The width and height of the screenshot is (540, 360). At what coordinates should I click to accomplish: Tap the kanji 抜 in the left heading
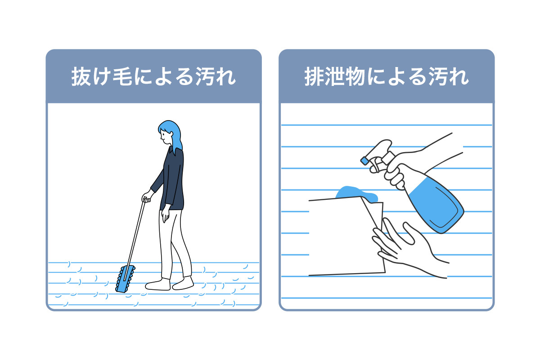point(81,76)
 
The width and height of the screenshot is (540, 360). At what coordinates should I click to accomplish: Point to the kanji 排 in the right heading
point(314,76)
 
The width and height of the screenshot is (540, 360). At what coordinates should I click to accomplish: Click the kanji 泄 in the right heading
point(334,76)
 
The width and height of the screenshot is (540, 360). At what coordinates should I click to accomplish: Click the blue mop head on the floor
point(125,279)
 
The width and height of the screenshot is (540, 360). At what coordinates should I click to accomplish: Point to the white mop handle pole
point(135,241)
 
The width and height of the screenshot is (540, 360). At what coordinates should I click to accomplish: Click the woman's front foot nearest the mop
point(158,284)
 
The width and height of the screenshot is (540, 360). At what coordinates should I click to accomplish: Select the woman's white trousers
point(174,243)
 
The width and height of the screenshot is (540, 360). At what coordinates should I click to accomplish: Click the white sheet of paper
point(346,236)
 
